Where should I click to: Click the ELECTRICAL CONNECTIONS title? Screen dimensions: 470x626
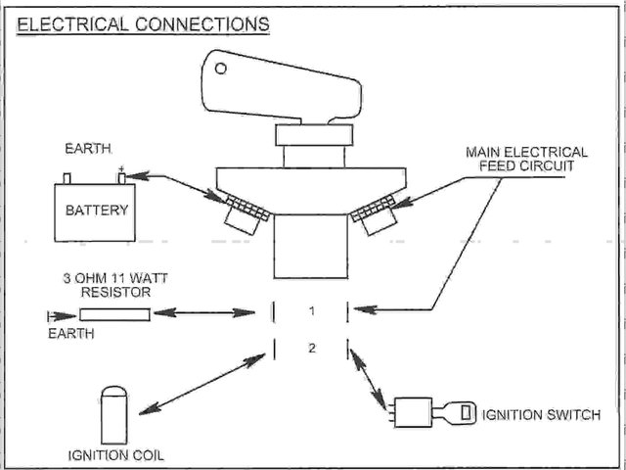144,23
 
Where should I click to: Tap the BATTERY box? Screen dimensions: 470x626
97,211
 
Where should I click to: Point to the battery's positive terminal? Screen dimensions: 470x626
122,177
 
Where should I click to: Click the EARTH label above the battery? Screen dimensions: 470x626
88,149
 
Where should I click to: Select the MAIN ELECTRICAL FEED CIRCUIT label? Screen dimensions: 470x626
526,160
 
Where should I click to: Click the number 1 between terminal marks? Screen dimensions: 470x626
310,311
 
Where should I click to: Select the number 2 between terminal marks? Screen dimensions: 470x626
310,349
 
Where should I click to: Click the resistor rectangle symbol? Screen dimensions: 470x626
114,314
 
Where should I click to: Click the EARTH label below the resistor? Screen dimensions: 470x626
71,333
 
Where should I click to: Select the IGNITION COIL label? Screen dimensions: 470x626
115,455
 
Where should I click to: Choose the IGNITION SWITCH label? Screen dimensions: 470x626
540,415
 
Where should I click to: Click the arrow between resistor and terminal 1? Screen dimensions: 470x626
205,313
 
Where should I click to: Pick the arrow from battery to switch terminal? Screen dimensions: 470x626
180,186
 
